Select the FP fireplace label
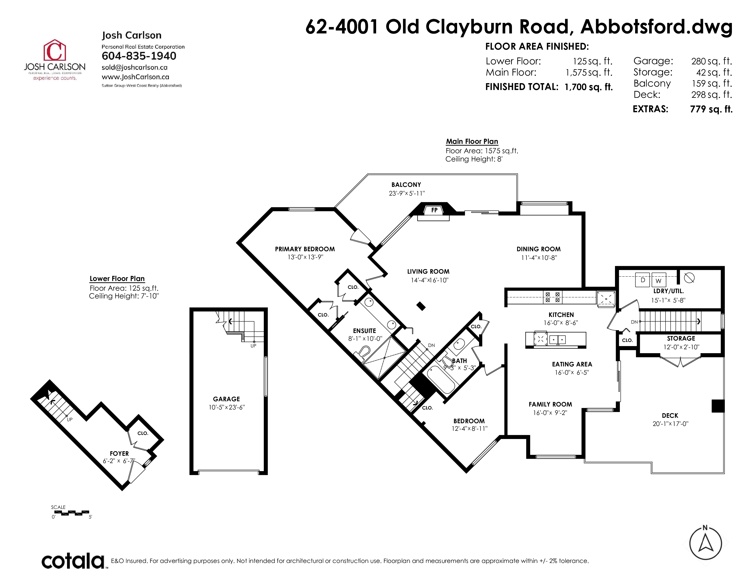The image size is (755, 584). (x=434, y=210)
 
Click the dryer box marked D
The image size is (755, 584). (x=643, y=280)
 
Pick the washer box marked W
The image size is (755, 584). (x=658, y=280)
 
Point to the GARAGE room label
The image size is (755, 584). (x=226, y=399)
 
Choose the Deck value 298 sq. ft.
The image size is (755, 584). (x=712, y=94)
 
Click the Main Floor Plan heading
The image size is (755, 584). (x=472, y=142)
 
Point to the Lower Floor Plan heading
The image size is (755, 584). (x=117, y=278)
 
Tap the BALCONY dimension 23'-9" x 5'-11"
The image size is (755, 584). (x=407, y=193)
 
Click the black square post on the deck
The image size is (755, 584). (x=718, y=406)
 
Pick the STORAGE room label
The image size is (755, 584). (x=681, y=338)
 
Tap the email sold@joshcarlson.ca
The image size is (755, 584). (x=135, y=68)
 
